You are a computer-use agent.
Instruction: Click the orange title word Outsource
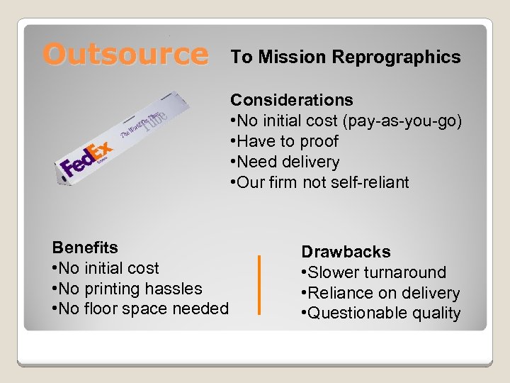pos(125,55)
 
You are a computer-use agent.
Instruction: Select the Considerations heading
pos(292,100)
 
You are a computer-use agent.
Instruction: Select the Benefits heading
pos(85,248)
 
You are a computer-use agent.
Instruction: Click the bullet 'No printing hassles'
pos(130,289)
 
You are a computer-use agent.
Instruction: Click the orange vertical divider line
pos(260,284)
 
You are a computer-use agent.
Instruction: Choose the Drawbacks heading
pos(346,252)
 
